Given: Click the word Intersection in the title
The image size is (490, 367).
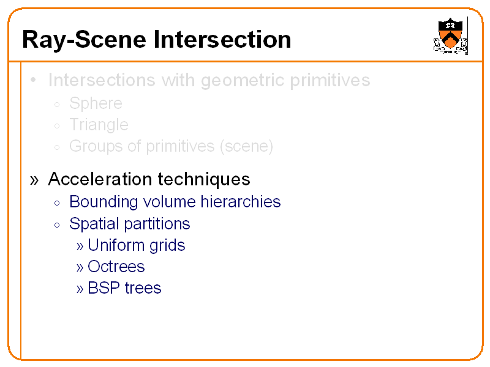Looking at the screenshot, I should [x=222, y=40].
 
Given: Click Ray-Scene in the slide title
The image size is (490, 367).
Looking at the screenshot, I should [x=86, y=40].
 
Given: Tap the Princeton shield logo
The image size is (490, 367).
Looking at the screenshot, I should [x=451, y=36].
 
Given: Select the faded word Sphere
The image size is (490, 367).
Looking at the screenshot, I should [x=96, y=103].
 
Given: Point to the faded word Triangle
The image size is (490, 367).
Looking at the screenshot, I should [x=99, y=125].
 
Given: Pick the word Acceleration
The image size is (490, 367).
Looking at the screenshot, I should [x=100, y=179].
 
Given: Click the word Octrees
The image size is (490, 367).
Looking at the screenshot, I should [x=116, y=267].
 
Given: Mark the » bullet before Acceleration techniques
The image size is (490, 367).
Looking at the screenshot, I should [x=34, y=180].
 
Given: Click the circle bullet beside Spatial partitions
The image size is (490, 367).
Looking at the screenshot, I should [x=56, y=225].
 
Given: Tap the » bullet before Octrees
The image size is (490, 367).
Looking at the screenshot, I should [x=80, y=267].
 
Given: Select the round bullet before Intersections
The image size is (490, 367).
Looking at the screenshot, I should [x=34, y=81].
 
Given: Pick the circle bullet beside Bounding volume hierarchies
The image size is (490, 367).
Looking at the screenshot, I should [x=56, y=203].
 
